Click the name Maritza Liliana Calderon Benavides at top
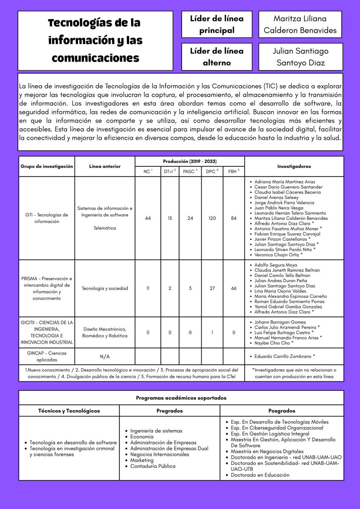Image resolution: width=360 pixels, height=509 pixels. point(300,25)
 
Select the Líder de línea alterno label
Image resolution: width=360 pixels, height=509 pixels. point(217,57)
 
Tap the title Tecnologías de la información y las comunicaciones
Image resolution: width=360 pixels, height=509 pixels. point(95,40)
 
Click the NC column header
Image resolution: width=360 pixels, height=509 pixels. point(147,171)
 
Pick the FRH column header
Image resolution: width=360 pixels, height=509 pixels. point(233,171)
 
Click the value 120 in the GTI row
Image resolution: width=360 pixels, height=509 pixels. point(212,218)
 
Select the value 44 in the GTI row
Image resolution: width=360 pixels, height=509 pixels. point(148,218)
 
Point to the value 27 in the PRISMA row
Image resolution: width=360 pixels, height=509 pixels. point(212,288)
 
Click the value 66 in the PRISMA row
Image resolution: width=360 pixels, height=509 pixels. point(233,288)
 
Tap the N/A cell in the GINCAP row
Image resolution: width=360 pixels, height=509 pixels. point(104,357)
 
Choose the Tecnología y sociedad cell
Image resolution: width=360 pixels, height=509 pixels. point(104,288)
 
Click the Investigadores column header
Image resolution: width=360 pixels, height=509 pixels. point(294,166)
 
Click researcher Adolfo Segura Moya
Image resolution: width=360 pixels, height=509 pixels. point(276,265)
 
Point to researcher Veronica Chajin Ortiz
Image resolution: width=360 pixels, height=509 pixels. point(278,255)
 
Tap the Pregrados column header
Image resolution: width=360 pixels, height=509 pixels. point(169,411)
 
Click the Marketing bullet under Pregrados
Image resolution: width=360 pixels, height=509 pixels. point(142,460)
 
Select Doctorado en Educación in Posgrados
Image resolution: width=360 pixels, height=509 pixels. point(260,475)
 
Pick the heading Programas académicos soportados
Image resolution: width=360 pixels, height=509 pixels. point(181,398)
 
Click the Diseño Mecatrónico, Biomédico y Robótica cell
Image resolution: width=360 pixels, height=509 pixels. point(104,333)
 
